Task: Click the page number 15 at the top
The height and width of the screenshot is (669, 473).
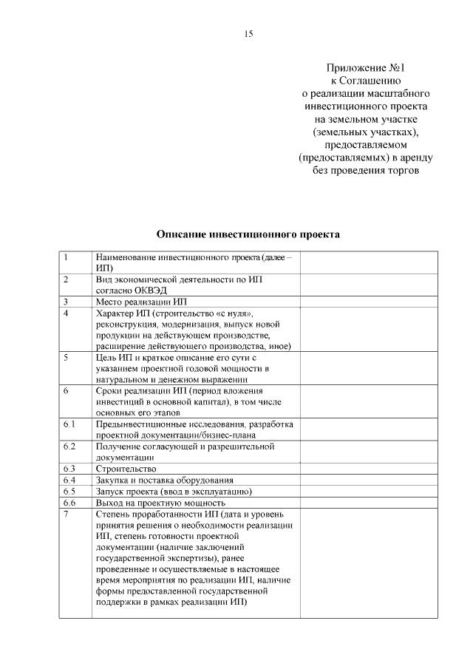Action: pyautogui.click(x=248, y=34)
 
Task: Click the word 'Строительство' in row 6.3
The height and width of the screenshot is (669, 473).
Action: pyautogui.click(x=126, y=469)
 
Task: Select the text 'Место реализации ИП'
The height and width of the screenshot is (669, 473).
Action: pyautogui.click(x=142, y=302)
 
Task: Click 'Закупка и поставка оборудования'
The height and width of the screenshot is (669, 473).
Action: pyautogui.click(x=164, y=480)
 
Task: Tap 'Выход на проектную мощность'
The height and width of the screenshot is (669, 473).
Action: pyautogui.click(x=160, y=502)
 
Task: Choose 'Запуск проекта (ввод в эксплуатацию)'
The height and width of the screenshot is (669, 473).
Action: pyautogui.click(x=174, y=491)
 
